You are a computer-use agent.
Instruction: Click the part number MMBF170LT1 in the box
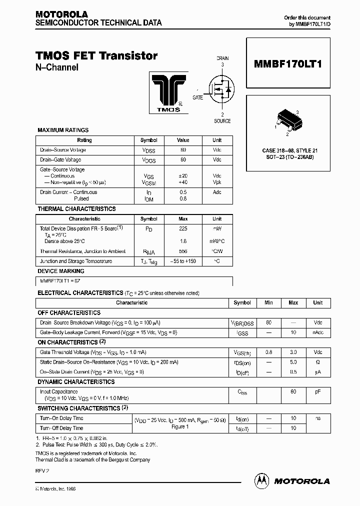[288, 64]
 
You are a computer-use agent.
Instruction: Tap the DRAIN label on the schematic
[222, 58]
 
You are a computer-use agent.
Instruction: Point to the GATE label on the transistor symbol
[197, 98]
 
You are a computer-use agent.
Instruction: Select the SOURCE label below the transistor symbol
[222, 121]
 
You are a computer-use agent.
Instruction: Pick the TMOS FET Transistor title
[96, 56]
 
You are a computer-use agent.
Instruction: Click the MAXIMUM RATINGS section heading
[63, 130]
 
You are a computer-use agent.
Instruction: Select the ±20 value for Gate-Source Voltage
[183, 176]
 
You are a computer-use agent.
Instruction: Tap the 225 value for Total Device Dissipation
[183, 228]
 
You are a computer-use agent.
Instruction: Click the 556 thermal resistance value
[183, 251]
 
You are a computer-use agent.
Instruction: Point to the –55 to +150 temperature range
[183, 261]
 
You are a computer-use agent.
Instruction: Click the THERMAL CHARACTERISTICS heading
[76, 209]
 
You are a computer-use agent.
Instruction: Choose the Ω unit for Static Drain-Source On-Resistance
[317, 362]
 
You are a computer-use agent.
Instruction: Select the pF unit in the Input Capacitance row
[317, 392]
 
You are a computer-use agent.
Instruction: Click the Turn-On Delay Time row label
[61, 418]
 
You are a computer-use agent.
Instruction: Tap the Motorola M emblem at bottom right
[262, 480]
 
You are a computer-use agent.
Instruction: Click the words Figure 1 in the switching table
[180, 426]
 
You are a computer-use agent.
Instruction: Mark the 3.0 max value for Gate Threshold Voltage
[293, 352]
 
